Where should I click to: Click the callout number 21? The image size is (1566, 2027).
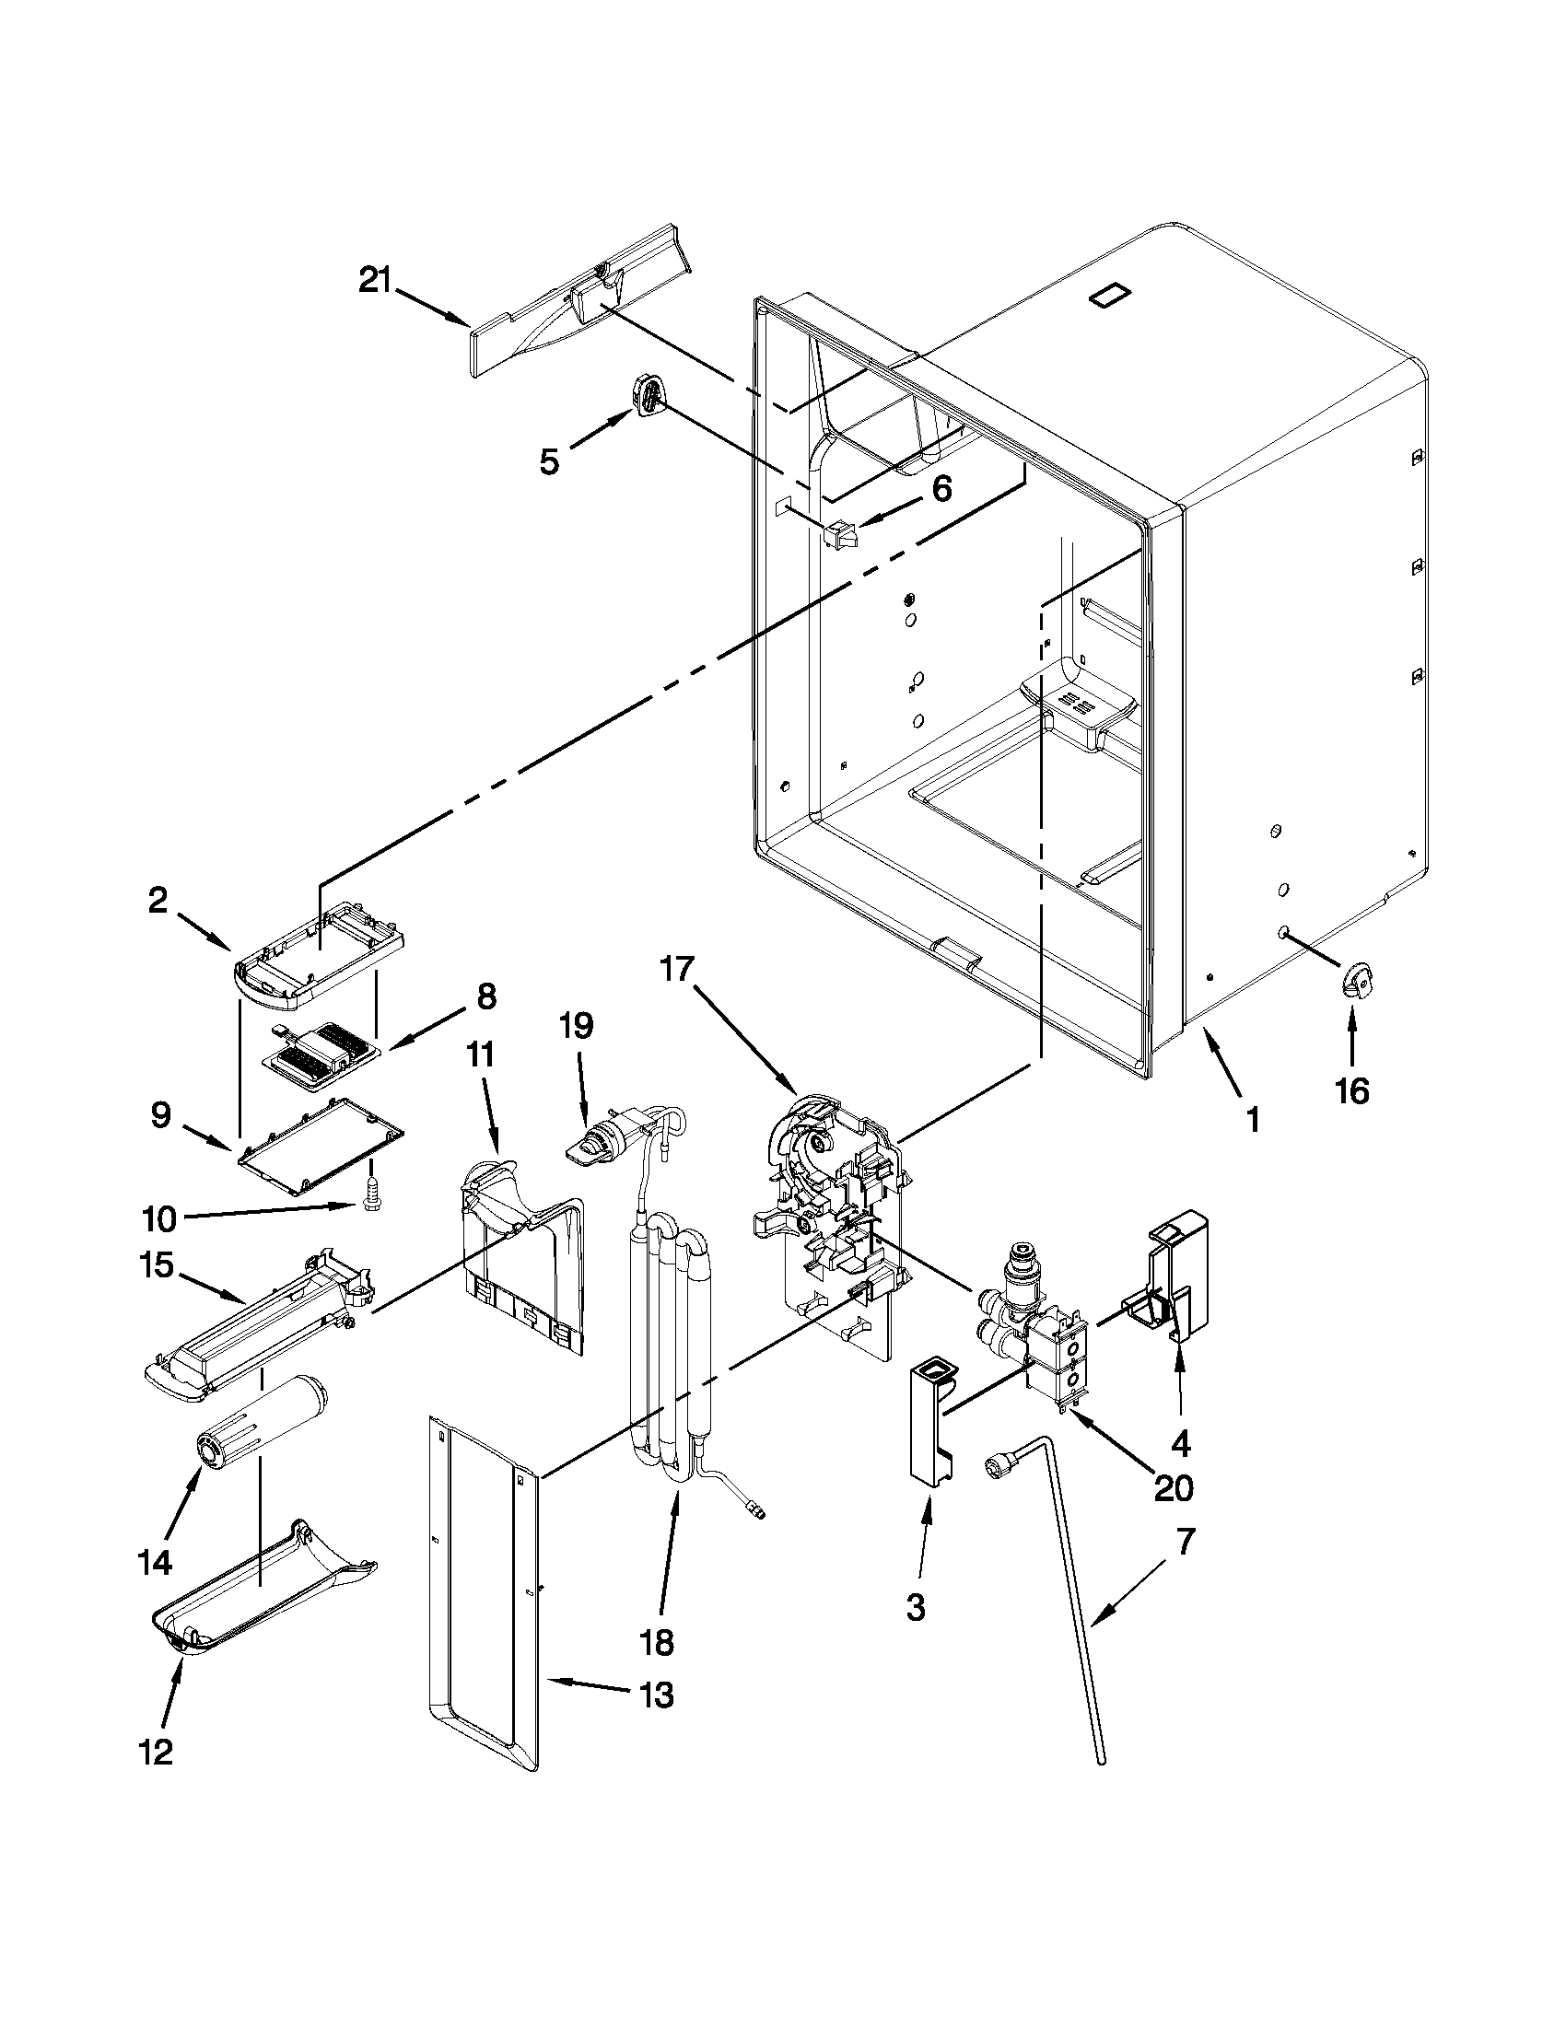pos(375,279)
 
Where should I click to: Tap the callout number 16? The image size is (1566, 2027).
pos(1351,1091)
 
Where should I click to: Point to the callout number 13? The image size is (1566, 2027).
pos(655,1695)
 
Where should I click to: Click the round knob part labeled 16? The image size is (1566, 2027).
pos(1356,981)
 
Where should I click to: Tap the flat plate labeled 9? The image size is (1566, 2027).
pos(321,1144)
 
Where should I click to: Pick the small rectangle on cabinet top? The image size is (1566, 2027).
pos(1110,296)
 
